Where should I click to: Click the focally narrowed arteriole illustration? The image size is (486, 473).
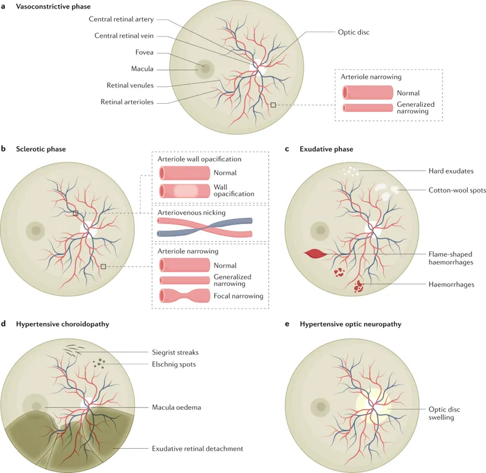[184, 297]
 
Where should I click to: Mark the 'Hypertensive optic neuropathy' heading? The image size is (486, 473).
[351, 324]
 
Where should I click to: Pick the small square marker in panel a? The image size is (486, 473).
[273, 105]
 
